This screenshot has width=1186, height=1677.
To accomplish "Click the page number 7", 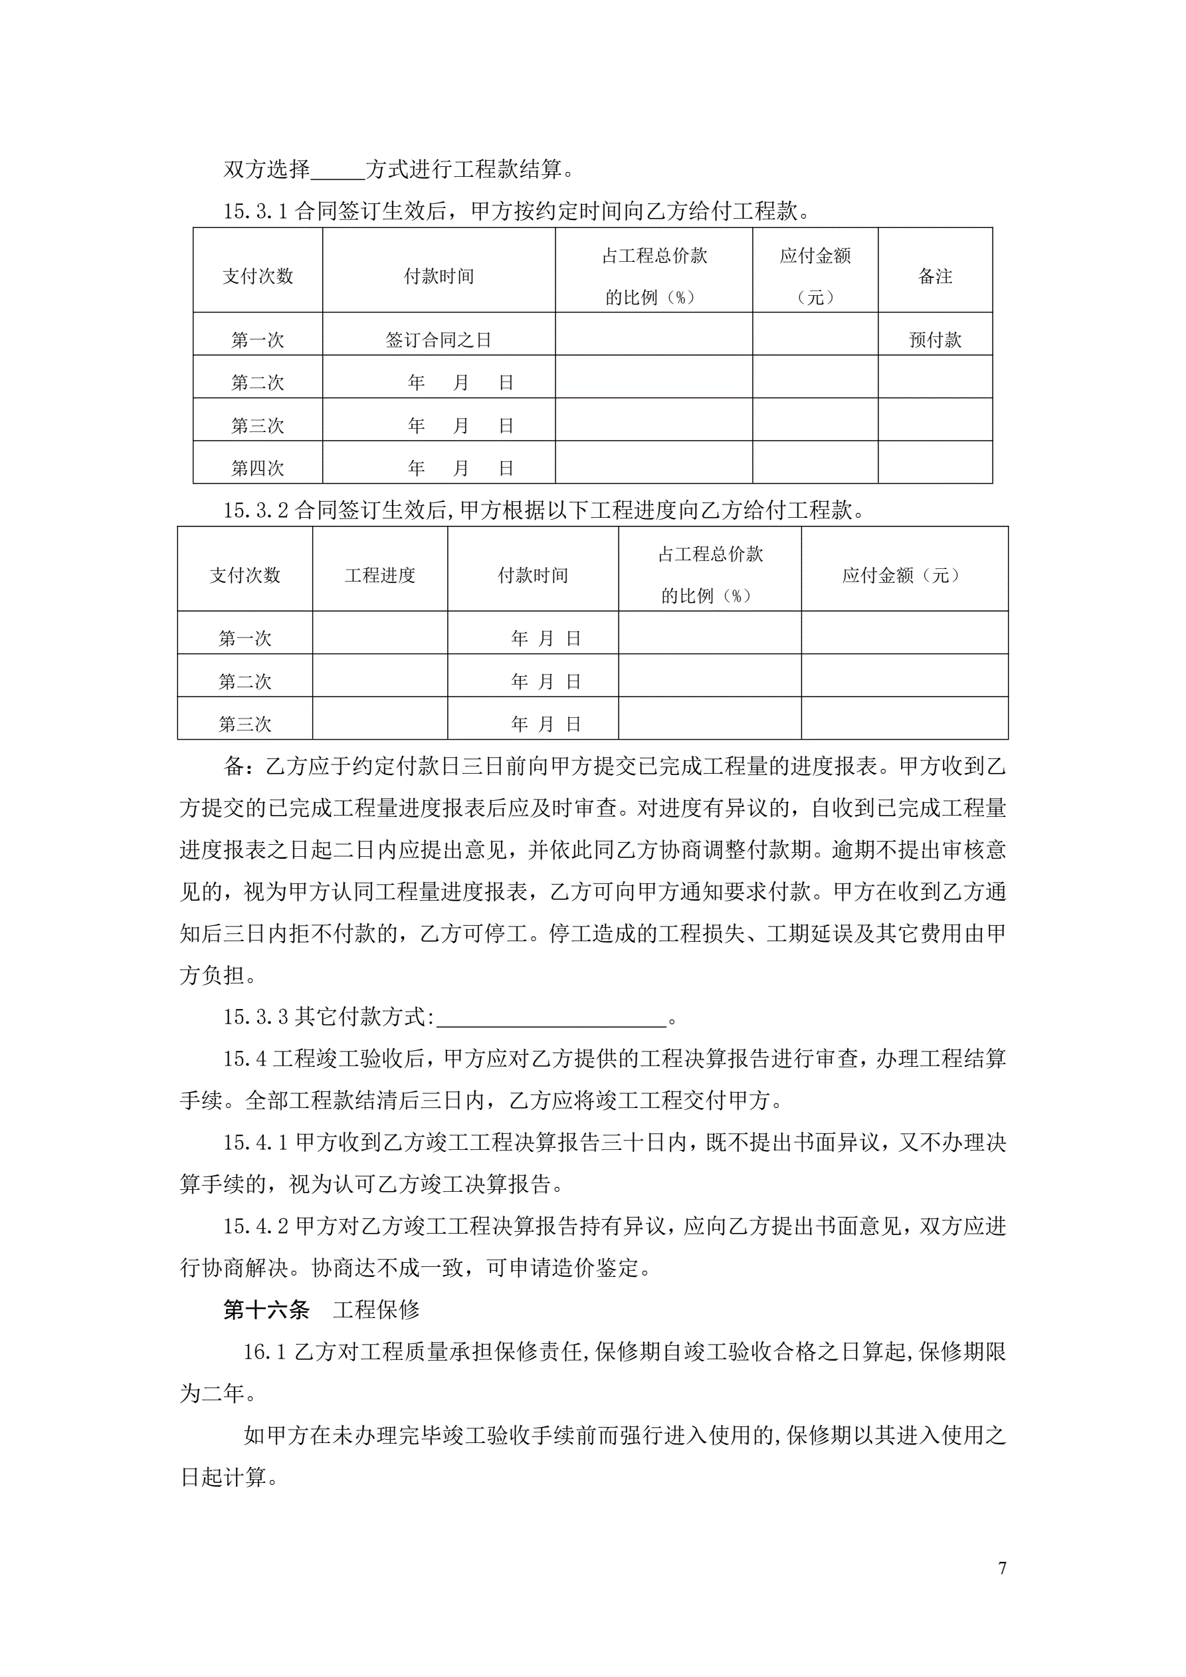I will [1002, 1567].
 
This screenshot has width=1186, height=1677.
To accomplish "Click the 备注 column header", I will [935, 276].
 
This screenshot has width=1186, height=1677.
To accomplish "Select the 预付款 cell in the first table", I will [935, 340].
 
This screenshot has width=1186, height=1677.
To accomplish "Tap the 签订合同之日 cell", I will [438, 340].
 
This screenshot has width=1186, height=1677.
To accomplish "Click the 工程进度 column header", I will [380, 575].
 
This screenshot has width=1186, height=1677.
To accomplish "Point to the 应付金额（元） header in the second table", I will [904, 575].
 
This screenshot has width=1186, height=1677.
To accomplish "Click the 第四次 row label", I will [257, 468].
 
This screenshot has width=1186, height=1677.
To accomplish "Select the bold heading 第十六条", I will [266, 1309].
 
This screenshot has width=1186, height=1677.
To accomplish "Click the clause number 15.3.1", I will [256, 212].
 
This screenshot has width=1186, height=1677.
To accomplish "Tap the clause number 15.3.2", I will [256, 510].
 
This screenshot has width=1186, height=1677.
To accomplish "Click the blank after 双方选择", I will [338, 170].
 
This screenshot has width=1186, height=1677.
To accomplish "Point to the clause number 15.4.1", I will [256, 1143].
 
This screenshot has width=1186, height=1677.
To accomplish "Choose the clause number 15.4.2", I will [256, 1226].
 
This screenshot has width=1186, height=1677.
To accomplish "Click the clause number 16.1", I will [264, 1352].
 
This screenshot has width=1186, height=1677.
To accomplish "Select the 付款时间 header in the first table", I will [438, 276].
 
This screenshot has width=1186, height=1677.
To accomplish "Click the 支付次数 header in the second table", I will [245, 575].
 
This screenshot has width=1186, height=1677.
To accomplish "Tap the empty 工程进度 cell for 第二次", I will [380, 675].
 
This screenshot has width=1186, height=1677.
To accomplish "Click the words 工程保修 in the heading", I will [376, 1309].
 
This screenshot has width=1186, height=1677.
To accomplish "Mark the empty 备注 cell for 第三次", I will [935, 419].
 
